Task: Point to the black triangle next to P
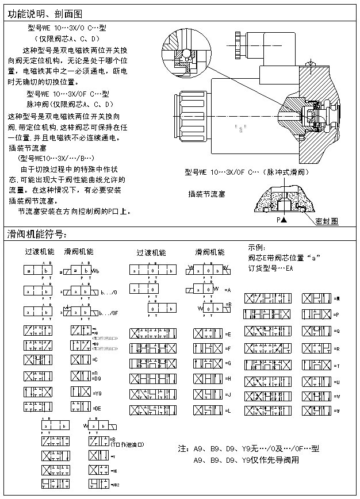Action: click(284, 220)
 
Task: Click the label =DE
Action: click(97, 408)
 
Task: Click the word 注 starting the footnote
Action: click(182, 448)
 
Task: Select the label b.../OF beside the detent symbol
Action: click(109, 313)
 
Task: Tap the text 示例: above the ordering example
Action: click(256, 247)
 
